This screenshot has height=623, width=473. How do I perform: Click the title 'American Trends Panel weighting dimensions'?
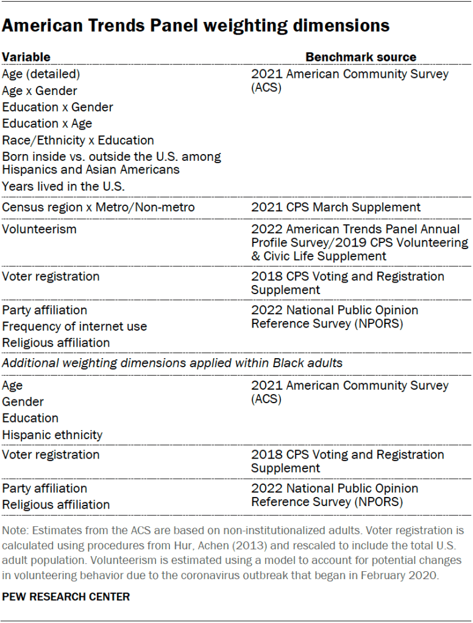(196, 26)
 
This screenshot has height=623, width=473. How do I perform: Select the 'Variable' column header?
(26, 57)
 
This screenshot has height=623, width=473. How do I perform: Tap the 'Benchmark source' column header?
(360, 57)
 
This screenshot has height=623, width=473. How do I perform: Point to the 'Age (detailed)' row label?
(41, 74)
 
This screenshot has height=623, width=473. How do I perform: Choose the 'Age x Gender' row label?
(40, 91)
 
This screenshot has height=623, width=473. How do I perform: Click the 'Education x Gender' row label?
(57, 107)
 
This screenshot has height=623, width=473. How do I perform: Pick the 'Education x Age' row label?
(47, 124)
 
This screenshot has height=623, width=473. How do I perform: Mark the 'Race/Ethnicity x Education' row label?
(78, 140)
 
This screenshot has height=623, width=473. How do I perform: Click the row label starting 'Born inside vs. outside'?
(111, 163)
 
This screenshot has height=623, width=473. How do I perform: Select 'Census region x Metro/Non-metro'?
(98, 208)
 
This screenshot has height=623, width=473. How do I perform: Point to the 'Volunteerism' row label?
(38, 229)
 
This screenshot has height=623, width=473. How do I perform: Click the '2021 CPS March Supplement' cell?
(335, 208)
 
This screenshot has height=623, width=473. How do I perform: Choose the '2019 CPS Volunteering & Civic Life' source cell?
(359, 242)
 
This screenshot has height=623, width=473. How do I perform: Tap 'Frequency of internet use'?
(74, 326)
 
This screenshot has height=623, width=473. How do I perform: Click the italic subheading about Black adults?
(172, 363)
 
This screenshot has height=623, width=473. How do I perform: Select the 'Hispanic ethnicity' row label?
(52, 435)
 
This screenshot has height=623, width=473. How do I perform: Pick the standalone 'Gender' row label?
(23, 402)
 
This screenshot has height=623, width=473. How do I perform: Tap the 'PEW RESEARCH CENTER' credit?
(66, 596)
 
